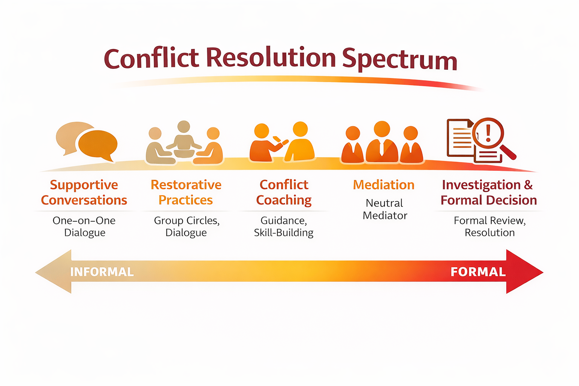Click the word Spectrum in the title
coord(400,60)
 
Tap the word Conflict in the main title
coord(151,59)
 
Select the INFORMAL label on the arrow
coord(102,272)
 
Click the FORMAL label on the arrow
coord(478,272)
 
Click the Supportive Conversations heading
coord(84,192)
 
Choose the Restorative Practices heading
coord(186,192)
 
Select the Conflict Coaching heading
coord(284,192)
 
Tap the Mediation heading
coord(384,185)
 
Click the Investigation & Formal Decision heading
coord(489,192)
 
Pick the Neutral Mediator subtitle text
coord(384,209)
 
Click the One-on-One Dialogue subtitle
coord(84,226)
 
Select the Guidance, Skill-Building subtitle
coord(284,226)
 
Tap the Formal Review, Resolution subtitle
coord(489,226)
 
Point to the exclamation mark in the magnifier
coord(489,132)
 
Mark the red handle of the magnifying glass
coord(509,152)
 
